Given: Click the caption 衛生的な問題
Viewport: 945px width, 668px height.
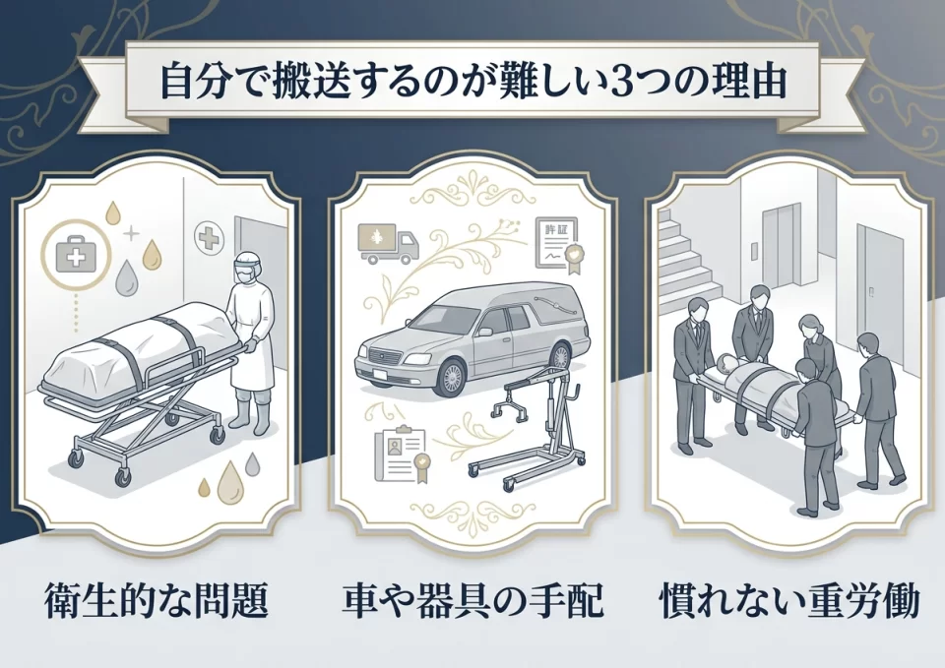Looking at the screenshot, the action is (x=157, y=598).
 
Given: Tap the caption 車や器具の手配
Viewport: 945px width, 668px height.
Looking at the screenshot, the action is (x=472, y=598).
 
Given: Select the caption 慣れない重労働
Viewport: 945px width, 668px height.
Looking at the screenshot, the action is (x=790, y=598).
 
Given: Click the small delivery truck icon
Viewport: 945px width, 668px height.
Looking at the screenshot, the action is (x=387, y=243).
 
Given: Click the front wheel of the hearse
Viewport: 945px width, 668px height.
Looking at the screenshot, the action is (x=451, y=378).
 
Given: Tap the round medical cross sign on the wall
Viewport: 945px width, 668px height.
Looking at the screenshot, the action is (x=209, y=237).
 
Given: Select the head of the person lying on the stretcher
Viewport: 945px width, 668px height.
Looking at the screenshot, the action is (x=726, y=362).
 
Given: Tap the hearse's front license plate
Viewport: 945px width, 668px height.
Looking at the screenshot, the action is (x=379, y=374).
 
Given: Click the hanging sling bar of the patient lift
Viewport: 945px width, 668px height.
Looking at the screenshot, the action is (x=511, y=403).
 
